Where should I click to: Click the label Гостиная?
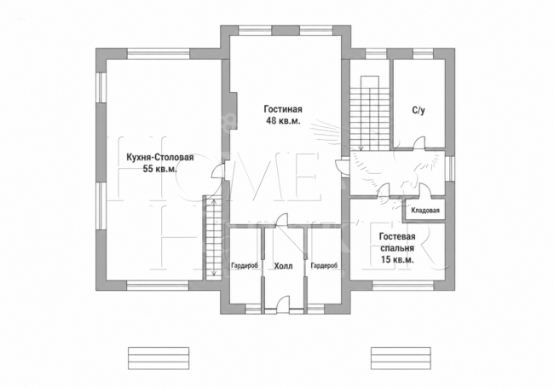(283, 109)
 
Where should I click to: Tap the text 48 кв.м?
(283, 121)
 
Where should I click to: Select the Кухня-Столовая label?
(160, 157)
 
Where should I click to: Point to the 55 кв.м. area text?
(160, 169)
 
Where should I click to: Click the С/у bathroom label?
(418, 110)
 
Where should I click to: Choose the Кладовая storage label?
(425, 211)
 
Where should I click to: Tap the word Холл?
(283, 266)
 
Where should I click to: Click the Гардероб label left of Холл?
(245, 265)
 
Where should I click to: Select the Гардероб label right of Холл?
(324, 265)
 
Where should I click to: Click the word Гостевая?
(397, 236)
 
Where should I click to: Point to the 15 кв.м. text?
(397, 260)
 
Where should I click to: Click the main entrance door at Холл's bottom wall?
(283, 305)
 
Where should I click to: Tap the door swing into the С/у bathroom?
(419, 142)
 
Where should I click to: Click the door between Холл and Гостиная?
(281, 220)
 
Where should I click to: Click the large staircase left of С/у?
(370, 113)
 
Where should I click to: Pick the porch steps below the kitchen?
(159, 359)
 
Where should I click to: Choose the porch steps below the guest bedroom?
(401, 359)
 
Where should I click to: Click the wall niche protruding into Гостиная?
(233, 112)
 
